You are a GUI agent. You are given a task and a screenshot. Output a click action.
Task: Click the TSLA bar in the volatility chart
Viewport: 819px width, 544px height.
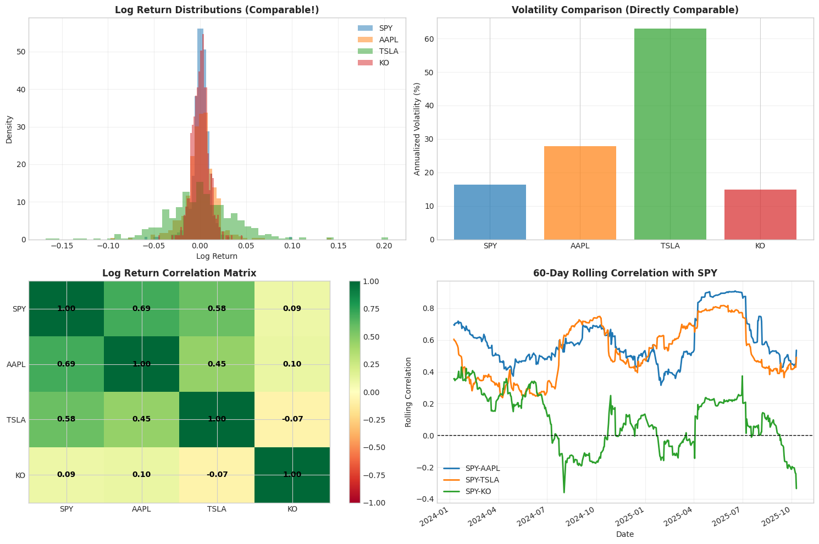click(670, 134)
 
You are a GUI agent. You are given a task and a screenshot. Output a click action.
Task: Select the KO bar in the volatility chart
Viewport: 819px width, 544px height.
click(760, 214)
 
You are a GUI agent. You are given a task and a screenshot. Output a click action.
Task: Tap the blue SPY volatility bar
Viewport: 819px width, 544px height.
click(490, 212)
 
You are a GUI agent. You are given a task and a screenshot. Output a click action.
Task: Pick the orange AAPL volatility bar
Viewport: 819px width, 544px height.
click(580, 193)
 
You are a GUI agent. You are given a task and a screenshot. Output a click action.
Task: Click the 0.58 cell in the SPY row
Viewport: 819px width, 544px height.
click(217, 309)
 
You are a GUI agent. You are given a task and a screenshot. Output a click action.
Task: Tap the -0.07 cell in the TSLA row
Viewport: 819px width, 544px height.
click(292, 419)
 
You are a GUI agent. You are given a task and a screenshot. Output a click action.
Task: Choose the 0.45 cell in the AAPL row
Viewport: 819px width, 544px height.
click(217, 364)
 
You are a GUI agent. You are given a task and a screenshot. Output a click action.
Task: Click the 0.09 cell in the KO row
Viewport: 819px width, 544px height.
click(67, 475)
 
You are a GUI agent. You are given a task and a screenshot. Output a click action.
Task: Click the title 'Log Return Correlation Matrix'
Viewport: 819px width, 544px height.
click(179, 273)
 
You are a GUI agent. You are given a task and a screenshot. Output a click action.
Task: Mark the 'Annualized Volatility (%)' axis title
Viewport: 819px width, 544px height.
click(417, 129)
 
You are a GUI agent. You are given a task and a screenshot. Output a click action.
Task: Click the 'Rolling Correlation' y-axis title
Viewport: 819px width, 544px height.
click(408, 392)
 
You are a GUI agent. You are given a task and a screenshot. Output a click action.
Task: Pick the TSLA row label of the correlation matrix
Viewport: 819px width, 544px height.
click(16, 419)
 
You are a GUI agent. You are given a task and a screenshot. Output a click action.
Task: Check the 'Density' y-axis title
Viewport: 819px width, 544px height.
click(9, 129)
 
